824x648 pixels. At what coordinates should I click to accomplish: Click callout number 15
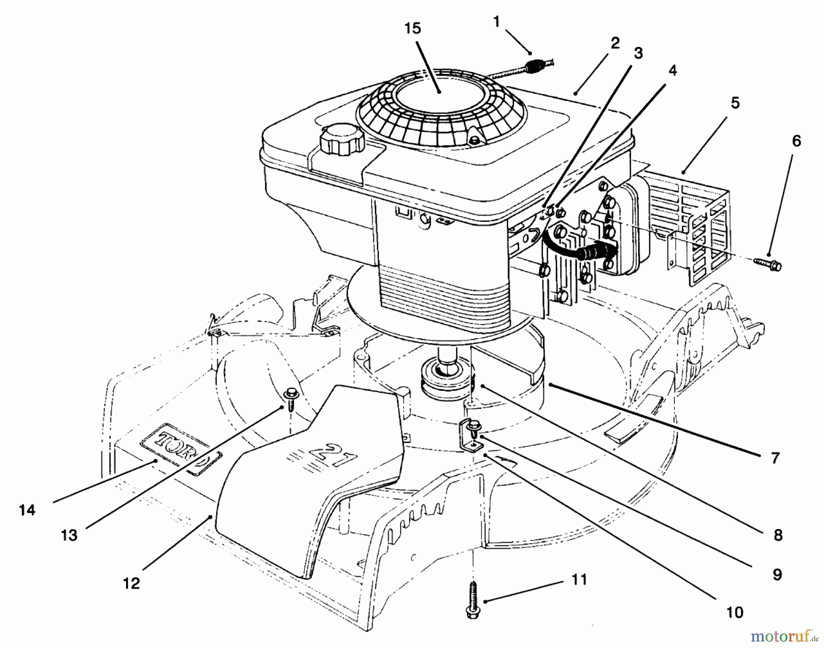coord(412,28)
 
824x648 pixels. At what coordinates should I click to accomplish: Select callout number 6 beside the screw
coord(796,141)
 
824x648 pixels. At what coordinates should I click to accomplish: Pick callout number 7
coord(775,458)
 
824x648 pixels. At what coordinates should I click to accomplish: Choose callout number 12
coord(131,584)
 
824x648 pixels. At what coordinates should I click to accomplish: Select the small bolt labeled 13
coord(290,395)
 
